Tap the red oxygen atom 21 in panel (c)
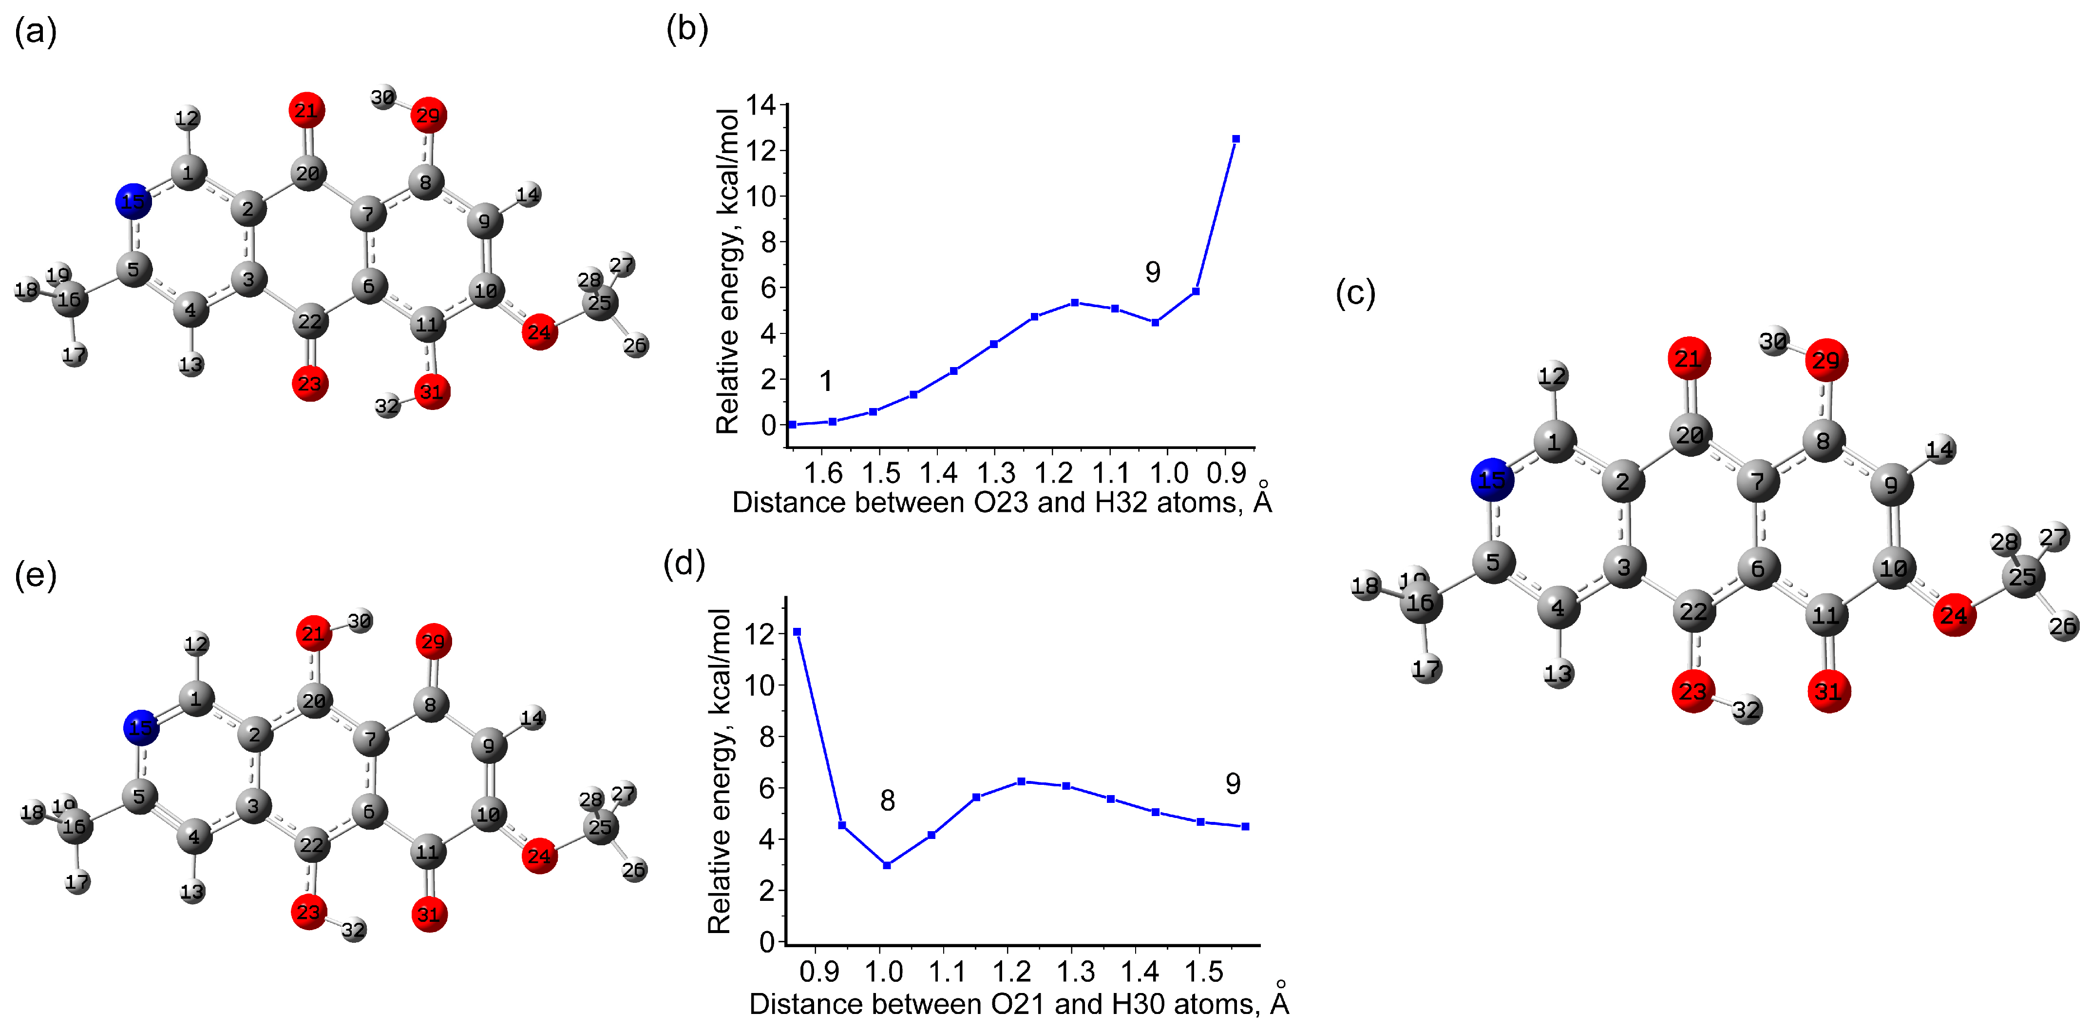coord(1689,358)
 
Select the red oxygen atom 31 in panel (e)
coord(429,914)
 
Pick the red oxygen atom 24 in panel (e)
coord(539,856)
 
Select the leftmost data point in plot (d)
coord(797,632)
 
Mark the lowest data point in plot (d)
coord(887,866)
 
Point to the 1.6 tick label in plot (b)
coord(823,472)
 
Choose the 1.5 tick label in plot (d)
coord(1204,971)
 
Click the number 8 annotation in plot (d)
coord(887,800)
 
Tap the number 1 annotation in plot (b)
coord(825,381)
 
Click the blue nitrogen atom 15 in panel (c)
coord(1492,480)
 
